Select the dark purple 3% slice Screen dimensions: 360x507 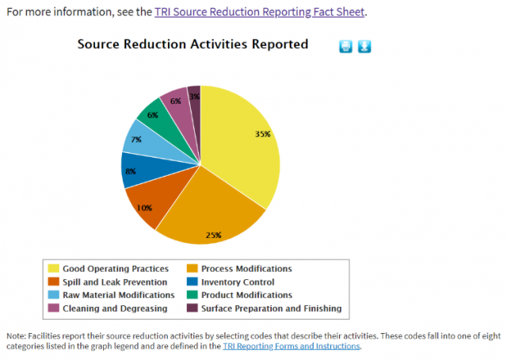(x=194, y=97)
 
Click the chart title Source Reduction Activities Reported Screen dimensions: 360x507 (x=193, y=44)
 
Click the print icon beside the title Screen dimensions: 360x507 (x=345, y=46)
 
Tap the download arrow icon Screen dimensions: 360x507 (x=364, y=46)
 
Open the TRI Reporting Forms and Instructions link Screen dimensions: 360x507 (x=292, y=346)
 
